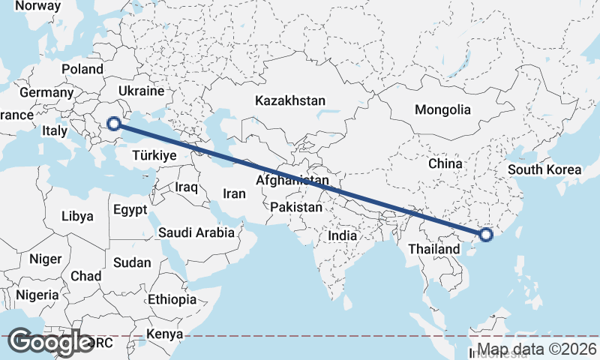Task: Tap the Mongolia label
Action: coord(442,109)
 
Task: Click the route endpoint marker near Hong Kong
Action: coord(485,235)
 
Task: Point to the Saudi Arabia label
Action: coord(196,232)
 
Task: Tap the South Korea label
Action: coord(544,169)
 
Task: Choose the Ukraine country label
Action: coord(142,91)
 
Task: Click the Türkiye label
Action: coord(154,155)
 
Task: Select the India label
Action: coord(343,235)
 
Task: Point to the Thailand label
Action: coord(434,248)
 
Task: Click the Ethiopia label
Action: coord(172,299)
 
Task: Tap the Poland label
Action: coord(82,69)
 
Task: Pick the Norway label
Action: coord(37,6)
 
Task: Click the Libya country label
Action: coord(78,216)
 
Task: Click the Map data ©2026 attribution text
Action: coord(538,349)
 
